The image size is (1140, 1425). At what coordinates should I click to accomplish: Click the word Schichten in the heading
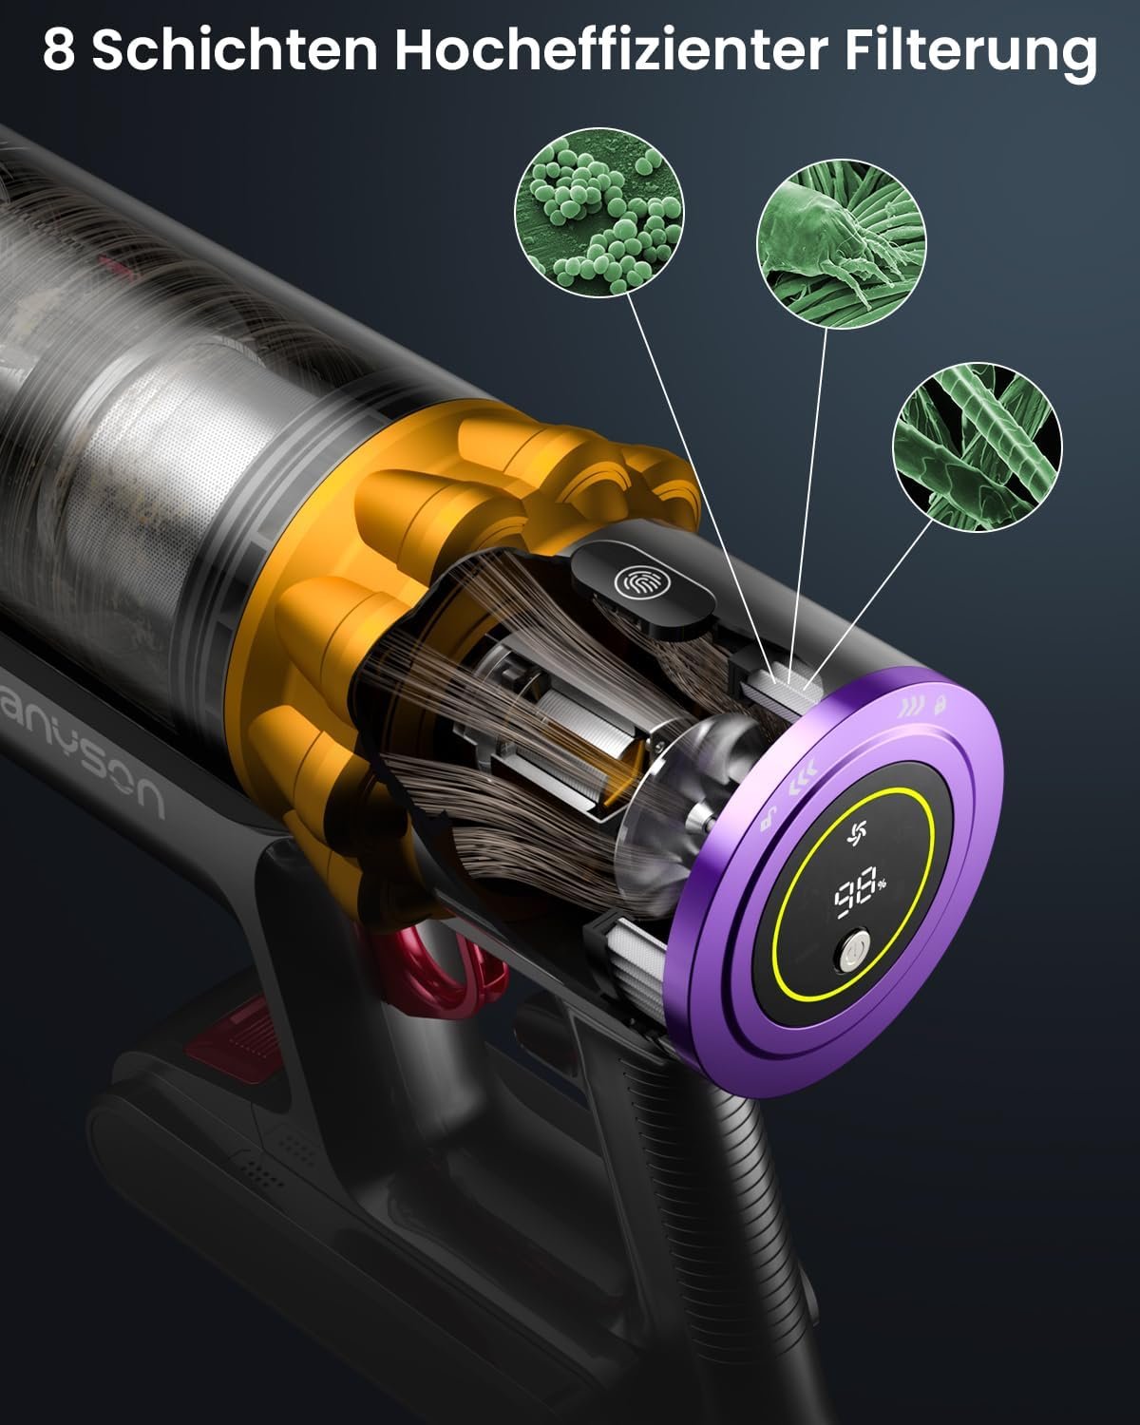236,50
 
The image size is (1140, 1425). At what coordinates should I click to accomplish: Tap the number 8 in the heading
58,50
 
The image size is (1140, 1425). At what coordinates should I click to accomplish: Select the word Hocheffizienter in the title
612,50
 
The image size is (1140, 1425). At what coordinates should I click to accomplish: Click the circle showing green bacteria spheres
599,212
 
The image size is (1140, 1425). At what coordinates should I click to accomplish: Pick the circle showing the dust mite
842,243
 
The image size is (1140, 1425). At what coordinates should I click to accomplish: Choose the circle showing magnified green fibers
977,446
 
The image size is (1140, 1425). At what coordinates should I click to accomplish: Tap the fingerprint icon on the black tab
634,581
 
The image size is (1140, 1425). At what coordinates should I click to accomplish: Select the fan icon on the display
858,833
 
